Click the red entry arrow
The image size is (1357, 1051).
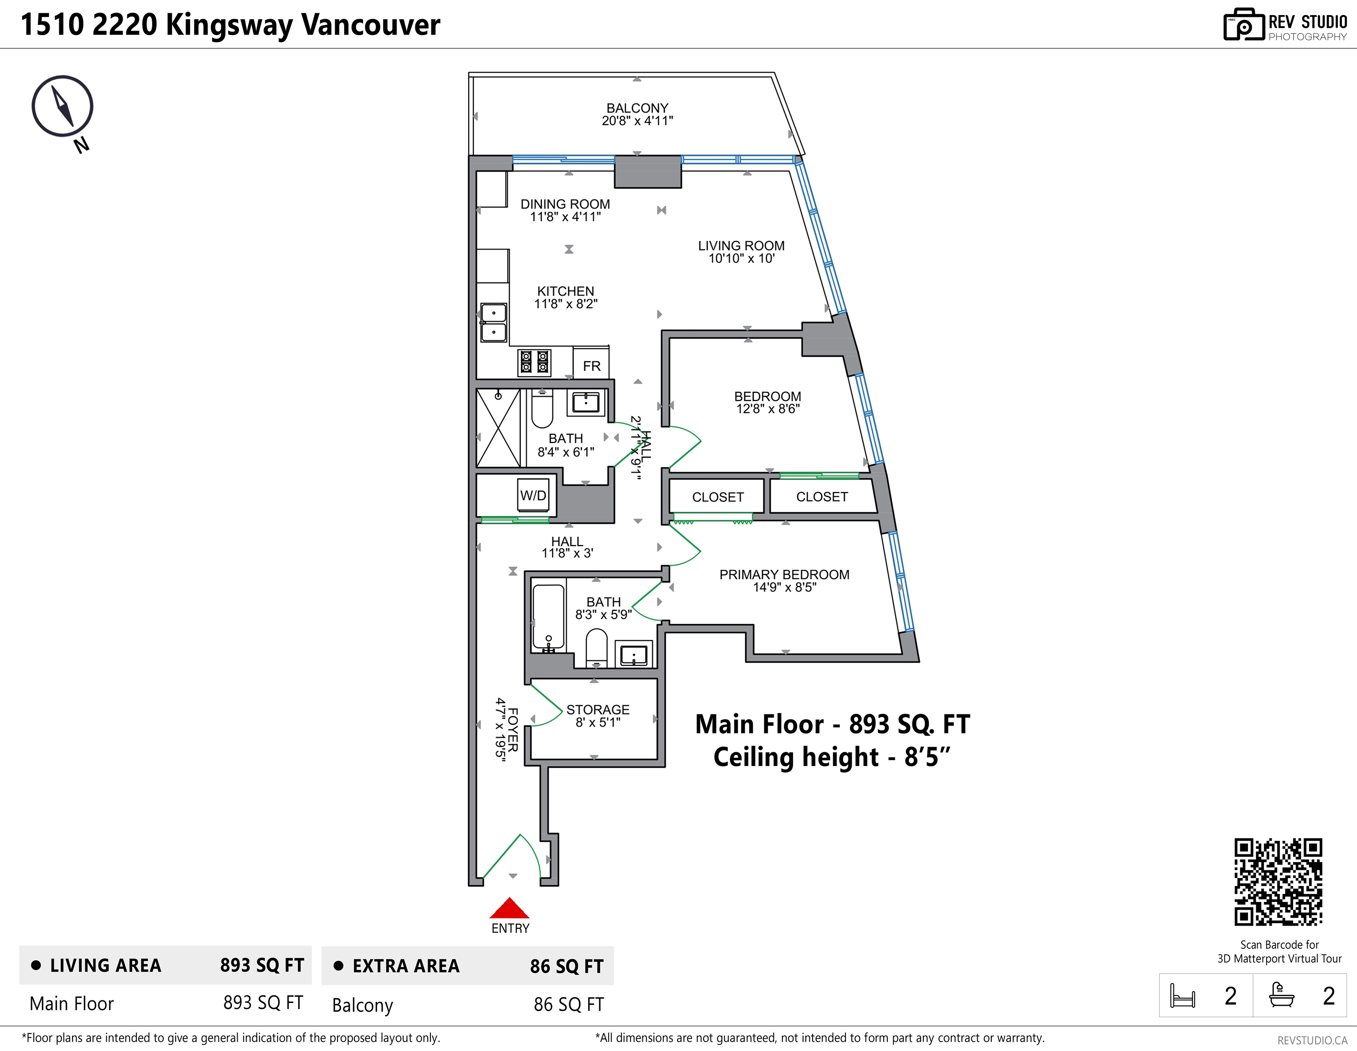tap(509, 908)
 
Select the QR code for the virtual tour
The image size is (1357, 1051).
tap(1278, 882)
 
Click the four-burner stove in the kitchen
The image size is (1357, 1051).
tap(534, 362)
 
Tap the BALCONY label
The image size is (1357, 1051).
tap(637, 108)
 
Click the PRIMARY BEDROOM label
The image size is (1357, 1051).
tap(784, 575)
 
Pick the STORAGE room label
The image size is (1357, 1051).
tap(598, 710)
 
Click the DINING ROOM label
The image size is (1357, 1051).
tap(565, 204)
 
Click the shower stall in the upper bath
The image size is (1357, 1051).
tap(498, 427)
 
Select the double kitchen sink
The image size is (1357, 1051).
tap(493, 323)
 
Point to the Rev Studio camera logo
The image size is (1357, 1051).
tap(1244, 25)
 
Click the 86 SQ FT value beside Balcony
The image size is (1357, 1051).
tap(569, 1005)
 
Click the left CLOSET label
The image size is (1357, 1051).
tap(718, 497)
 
